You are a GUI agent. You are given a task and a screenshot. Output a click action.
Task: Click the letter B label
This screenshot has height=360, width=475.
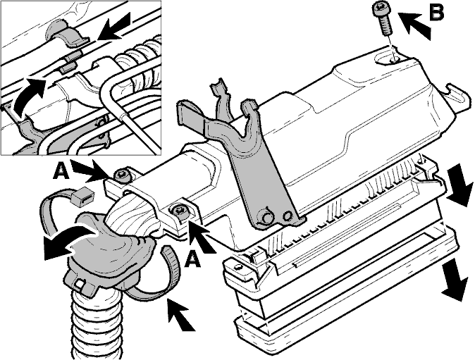pos(436,11)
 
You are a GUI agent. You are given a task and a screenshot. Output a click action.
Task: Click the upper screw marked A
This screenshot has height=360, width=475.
pos(122,175)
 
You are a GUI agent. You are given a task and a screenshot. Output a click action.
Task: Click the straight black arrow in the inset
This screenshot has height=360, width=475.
pos(115,27)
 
